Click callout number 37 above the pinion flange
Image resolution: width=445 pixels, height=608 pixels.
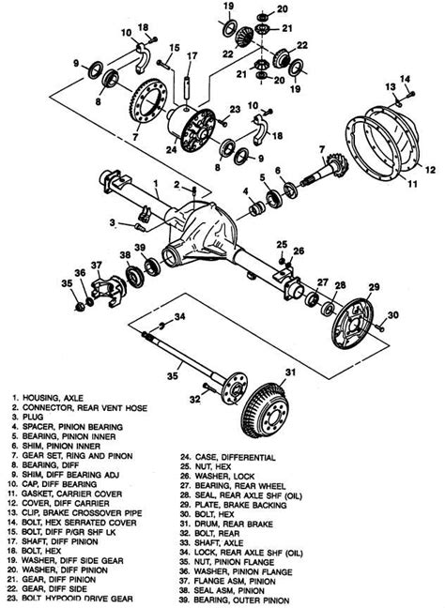point(96,266)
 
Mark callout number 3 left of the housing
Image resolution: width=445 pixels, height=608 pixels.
point(112,223)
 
